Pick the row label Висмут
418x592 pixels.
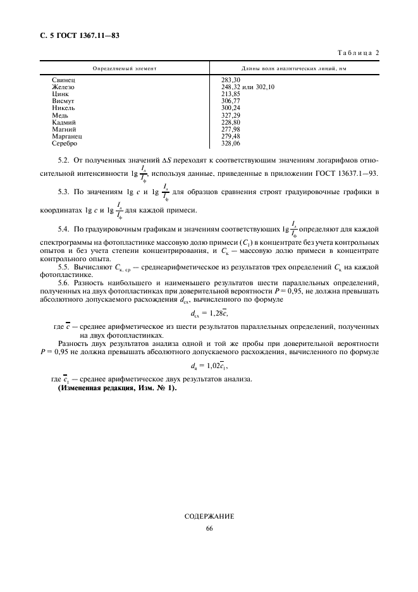click(x=65, y=101)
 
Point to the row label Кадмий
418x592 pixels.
click(x=65, y=122)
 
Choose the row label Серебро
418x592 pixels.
click(x=66, y=143)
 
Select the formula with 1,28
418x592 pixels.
click(x=208, y=312)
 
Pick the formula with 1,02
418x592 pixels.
click(x=208, y=365)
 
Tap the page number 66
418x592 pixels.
click(x=209, y=529)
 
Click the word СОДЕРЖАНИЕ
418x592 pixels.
click(x=209, y=516)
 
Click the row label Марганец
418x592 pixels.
click(x=68, y=136)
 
